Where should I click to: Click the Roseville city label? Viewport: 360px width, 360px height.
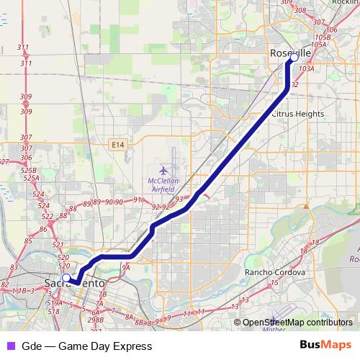tap(290, 53)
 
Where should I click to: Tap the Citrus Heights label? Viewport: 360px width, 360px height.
tap(297, 114)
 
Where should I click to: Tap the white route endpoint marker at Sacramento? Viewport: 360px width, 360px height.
tap(66, 277)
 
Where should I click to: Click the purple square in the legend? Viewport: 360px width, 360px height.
tap(10, 346)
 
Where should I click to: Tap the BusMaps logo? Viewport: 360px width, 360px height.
tap(326, 346)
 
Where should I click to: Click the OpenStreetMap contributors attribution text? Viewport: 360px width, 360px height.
tap(297, 323)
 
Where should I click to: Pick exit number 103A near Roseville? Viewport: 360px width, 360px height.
tap(307, 69)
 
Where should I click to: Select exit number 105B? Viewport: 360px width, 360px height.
tap(323, 37)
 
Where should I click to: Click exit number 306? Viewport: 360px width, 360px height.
tap(27, 148)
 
